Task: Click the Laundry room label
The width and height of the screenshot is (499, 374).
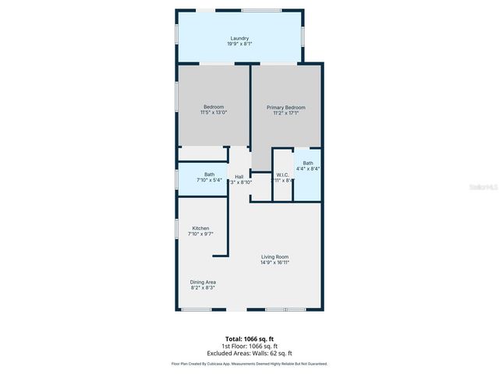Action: (x=239, y=38)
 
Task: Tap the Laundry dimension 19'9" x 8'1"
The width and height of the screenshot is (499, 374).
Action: (x=239, y=44)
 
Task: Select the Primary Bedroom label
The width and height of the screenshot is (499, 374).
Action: (x=286, y=108)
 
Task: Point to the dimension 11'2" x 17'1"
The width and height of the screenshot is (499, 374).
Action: (x=286, y=114)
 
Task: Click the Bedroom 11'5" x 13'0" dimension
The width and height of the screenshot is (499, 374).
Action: (x=214, y=113)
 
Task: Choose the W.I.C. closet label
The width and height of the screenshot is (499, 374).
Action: (x=282, y=175)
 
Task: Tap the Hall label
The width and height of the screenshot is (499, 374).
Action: (x=239, y=176)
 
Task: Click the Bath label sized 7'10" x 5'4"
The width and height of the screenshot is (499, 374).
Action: (x=210, y=175)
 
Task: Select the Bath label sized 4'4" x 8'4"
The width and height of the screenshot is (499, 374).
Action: (x=308, y=163)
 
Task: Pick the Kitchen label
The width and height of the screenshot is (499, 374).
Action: (x=200, y=228)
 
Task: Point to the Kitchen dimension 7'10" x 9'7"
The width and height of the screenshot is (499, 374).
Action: (x=200, y=234)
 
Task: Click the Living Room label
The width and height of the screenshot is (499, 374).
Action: (x=274, y=256)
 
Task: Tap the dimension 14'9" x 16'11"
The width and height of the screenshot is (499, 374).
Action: (x=274, y=263)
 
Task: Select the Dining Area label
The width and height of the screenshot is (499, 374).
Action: (x=203, y=282)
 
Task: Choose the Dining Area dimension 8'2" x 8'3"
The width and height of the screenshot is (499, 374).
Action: (x=203, y=288)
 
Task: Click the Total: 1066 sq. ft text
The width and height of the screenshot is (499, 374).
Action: (x=249, y=339)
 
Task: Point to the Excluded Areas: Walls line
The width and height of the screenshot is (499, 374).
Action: (x=249, y=353)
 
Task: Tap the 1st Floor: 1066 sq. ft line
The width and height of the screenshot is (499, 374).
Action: (x=249, y=346)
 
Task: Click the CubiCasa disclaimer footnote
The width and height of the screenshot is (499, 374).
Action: (x=249, y=364)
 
